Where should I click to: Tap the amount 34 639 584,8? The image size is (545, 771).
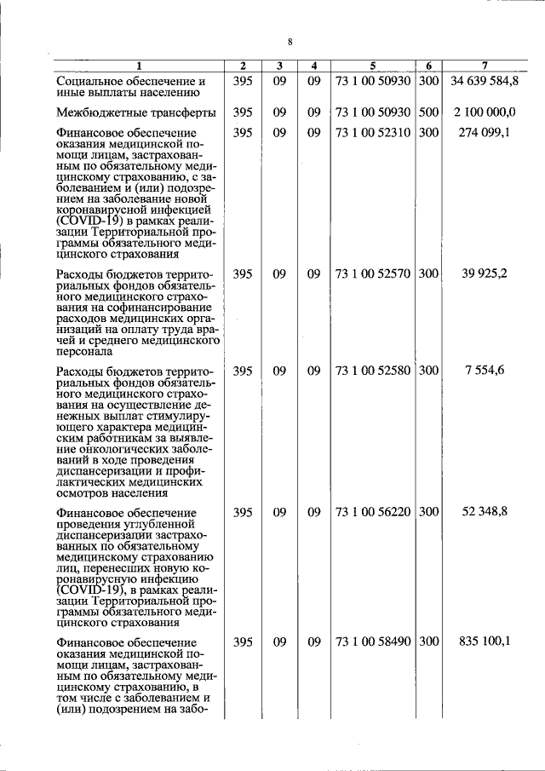pos(485,82)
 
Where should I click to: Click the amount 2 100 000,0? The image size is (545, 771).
pos(485,112)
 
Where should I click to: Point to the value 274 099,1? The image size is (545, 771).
pos(489,133)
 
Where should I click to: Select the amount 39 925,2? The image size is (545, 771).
pos(491,273)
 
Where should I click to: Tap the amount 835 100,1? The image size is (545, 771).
pos(488,642)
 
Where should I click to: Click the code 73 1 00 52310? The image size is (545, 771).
pos(373,133)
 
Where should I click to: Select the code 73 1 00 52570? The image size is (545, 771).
pos(373,273)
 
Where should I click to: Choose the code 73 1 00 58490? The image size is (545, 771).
pos(373,642)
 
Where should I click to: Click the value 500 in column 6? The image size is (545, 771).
pos(429,112)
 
